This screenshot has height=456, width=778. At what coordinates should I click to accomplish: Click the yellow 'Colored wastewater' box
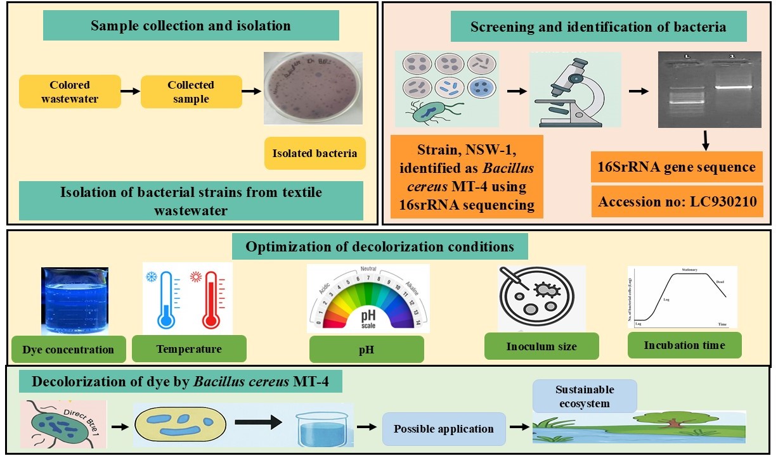click(70, 91)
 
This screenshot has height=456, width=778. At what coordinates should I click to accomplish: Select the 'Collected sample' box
click(191, 91)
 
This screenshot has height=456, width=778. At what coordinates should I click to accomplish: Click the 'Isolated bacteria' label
click(315, 153)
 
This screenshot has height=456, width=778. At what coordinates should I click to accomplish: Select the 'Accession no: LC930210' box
click(677, 201)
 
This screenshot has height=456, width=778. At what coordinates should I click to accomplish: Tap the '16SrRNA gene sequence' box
click(677, 167)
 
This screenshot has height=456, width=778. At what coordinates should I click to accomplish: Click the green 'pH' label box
click(366, 349)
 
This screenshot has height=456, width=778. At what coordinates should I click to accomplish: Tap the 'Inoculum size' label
click(541, 346)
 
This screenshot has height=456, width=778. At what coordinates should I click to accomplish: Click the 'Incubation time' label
click(684, 345)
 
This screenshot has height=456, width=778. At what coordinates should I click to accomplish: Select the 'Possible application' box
click(444, 429)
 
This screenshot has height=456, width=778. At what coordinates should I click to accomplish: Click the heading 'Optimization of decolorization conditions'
click(380, 246)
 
